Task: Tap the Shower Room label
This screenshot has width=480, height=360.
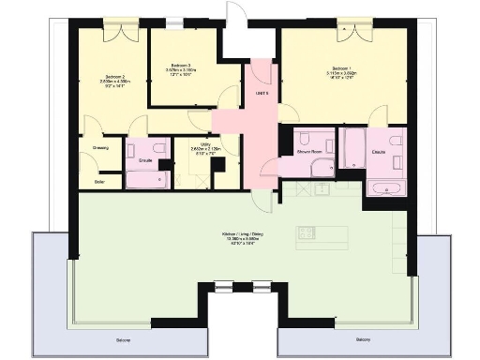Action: click(x=309, y=150)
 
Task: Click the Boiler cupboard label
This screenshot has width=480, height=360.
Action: click(x=99, y=181)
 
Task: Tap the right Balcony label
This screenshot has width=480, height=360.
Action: click(x=365, y=338)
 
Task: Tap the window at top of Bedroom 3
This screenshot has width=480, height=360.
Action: click(x=183, y=25)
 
